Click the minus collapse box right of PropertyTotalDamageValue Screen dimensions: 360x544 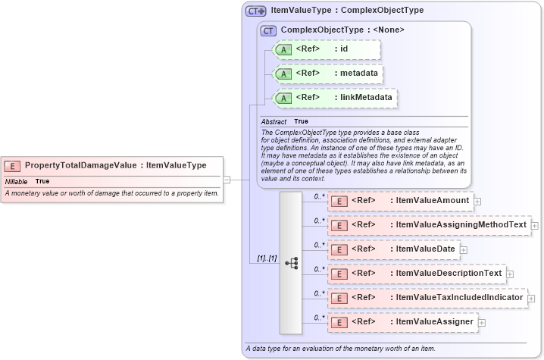click(227, 180)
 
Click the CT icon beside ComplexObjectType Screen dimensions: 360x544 click(268, 30)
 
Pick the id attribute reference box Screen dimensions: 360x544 click(325, 49)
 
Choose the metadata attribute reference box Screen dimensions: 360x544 click(327, 74)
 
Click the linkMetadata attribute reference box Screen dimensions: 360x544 click(334, 98)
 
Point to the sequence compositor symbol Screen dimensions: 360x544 click(291, 263)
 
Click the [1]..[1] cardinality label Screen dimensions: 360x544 click(266, 258)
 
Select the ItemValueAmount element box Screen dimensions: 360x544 click(399, 201)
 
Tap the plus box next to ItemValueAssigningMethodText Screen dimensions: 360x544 click(534, 225)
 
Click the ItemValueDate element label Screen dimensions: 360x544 click(424, 249)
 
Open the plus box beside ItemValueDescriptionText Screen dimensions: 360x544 click(510, 274)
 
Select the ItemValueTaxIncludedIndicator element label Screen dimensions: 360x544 click(460, 298)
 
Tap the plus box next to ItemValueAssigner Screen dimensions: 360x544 click(481, 322)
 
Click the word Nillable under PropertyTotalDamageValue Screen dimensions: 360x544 click(17, 182)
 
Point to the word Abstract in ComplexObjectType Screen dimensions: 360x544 click(274, 121)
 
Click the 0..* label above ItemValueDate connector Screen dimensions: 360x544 click(319, 244)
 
